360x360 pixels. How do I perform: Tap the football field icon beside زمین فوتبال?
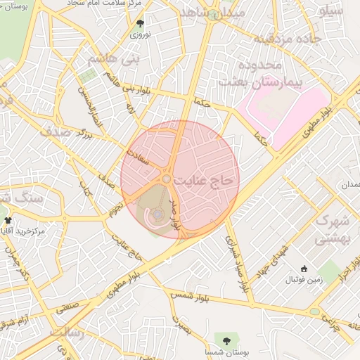[x=304, y=269]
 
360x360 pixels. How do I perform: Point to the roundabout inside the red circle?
[x=167, y=180]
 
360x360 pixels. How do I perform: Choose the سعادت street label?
[x=137, y=156]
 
